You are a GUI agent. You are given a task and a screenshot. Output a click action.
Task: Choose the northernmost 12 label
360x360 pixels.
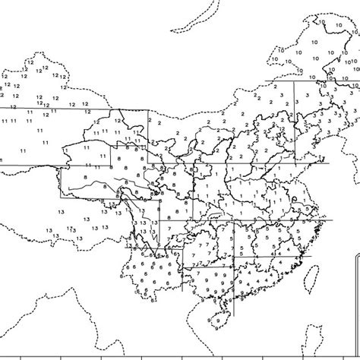coord(36,66)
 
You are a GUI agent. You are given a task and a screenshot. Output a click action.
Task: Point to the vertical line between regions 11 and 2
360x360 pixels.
coord(148,137)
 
